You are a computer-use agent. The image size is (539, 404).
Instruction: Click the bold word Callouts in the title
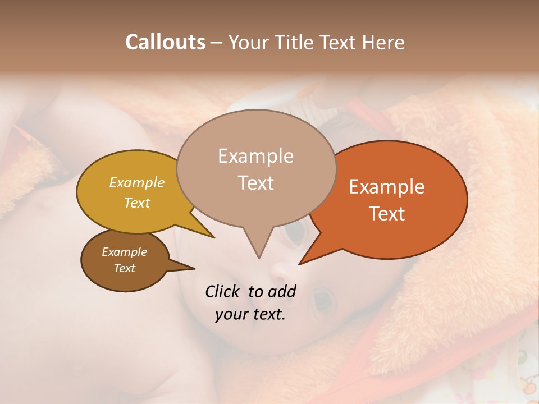165,42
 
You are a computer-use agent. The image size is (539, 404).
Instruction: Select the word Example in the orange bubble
387,187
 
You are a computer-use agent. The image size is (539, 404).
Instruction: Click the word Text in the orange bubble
387,214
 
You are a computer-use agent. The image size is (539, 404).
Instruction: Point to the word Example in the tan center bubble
255,156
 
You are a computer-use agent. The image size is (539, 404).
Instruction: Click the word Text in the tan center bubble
256,183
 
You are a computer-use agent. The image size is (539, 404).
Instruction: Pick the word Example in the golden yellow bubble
137,182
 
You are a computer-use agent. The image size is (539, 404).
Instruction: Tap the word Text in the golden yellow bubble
137,203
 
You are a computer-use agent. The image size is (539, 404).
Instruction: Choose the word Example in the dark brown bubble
124,252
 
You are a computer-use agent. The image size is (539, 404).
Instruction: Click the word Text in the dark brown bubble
125,268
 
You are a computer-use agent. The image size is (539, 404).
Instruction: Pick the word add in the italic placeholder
282,291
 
